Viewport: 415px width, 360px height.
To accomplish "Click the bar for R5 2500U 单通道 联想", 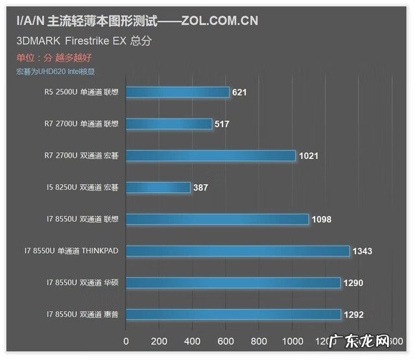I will pyautogui.click(x=177, y=92).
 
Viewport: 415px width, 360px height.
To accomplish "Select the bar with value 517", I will pyautogui.click(x=169, y=123).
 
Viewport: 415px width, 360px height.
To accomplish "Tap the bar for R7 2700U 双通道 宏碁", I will pyautogui.click(x=210, y=155).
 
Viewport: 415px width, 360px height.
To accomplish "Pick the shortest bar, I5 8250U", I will pyautogui.click(x=158, y=187).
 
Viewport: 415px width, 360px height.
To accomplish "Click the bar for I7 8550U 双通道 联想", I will pyautogui.click(x=217, y=219).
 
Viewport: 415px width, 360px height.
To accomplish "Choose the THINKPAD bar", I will pyautogui.click(x=237, y=251).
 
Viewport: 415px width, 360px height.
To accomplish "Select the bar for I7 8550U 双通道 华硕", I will pyautogui.click(x=233, y=283).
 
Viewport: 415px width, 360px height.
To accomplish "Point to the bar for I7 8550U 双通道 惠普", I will pyautogui.click(x=233, y=315).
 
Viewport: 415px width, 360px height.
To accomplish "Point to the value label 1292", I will pyautogui.click(x=355, y=315).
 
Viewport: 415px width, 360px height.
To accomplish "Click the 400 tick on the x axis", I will pyautogui.click(x=192, y=341).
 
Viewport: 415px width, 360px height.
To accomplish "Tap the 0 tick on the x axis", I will pyautogui.click(x=126, y=341).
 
